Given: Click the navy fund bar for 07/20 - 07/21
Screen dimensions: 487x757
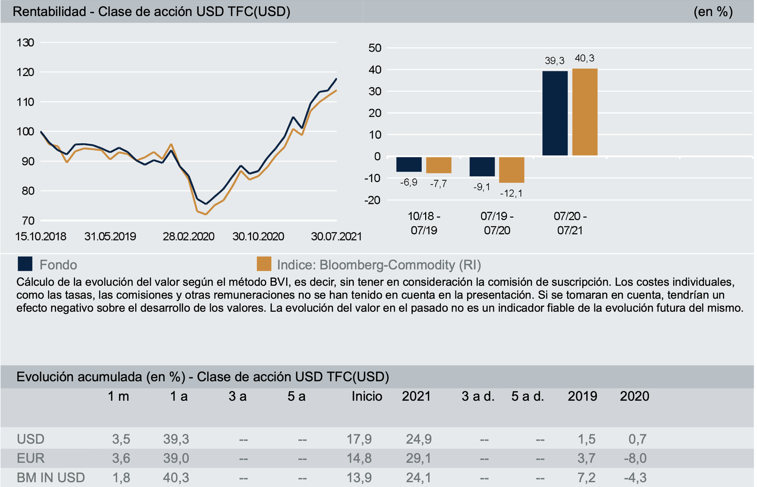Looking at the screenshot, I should [x=555, y=113].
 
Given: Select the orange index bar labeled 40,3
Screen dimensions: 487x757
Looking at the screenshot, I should [x=585, y=112].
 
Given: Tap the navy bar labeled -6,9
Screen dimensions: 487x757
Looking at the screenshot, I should [x=409, y=164].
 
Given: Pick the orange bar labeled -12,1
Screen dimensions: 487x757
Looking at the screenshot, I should [x=512, y=169].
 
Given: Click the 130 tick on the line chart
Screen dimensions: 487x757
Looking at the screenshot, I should [x=25, y=43].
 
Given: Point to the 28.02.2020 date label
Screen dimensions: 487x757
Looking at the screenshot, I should [x=188, y=237].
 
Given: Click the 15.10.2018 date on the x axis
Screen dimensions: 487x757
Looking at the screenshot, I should [x=41, y=237].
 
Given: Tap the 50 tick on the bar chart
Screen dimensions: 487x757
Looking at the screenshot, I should [x=375, y=48].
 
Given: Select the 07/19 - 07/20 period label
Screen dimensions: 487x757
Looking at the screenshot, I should [x=497, y=223].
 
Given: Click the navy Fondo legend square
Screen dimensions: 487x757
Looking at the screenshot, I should [x=25, y=264].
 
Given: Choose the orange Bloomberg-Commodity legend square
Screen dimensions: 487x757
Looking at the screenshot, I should [x=264, y=264].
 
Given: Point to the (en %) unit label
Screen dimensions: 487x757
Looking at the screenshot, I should [x=713, y=12].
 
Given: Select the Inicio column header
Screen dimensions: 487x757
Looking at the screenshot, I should [x=367, y=396].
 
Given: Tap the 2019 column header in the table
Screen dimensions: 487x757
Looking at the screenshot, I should [x=582, y=396].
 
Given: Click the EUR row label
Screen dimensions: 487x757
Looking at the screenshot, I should [x=31, y=458].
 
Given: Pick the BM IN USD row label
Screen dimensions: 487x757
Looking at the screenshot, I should [x=51, y=478].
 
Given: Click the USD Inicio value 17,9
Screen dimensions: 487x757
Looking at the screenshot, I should [x=359, y=439].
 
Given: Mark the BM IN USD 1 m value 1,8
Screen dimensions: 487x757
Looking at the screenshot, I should [x=121, y=478].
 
